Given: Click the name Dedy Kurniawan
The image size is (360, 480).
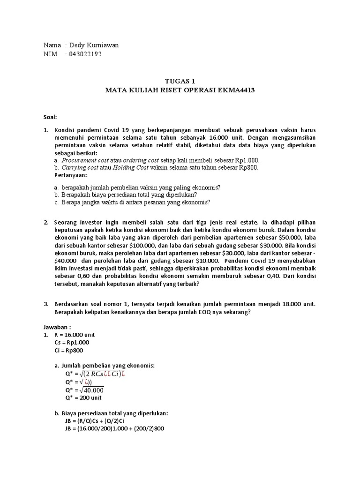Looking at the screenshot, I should [95, 45].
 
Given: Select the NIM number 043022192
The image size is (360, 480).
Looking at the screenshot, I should [85, 54].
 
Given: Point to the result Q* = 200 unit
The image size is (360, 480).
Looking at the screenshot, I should [83, 398].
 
